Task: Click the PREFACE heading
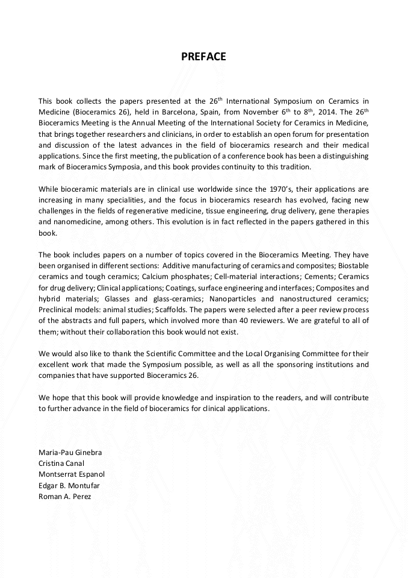point(203,57)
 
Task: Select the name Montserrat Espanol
point(72,474)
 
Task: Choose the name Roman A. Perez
point(64,497)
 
